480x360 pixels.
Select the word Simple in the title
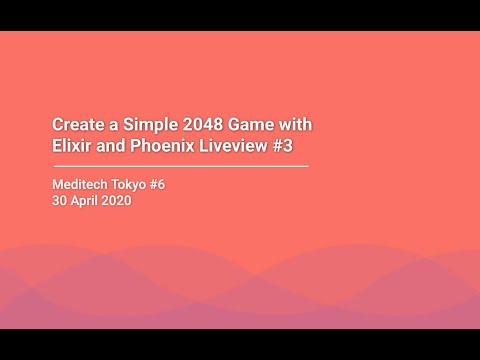tap(144, 124)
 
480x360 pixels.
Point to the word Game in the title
tap(250, 124)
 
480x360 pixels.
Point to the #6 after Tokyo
tap(171, 184)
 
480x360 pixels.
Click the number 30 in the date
tap(59, 200)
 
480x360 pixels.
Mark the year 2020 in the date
tap(116, 200)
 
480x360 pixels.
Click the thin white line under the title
tap(180, 165)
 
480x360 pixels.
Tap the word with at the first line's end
tap(296, 124)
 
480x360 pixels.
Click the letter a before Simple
tap(110, 124)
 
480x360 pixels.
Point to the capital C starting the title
tap(57, 124)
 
